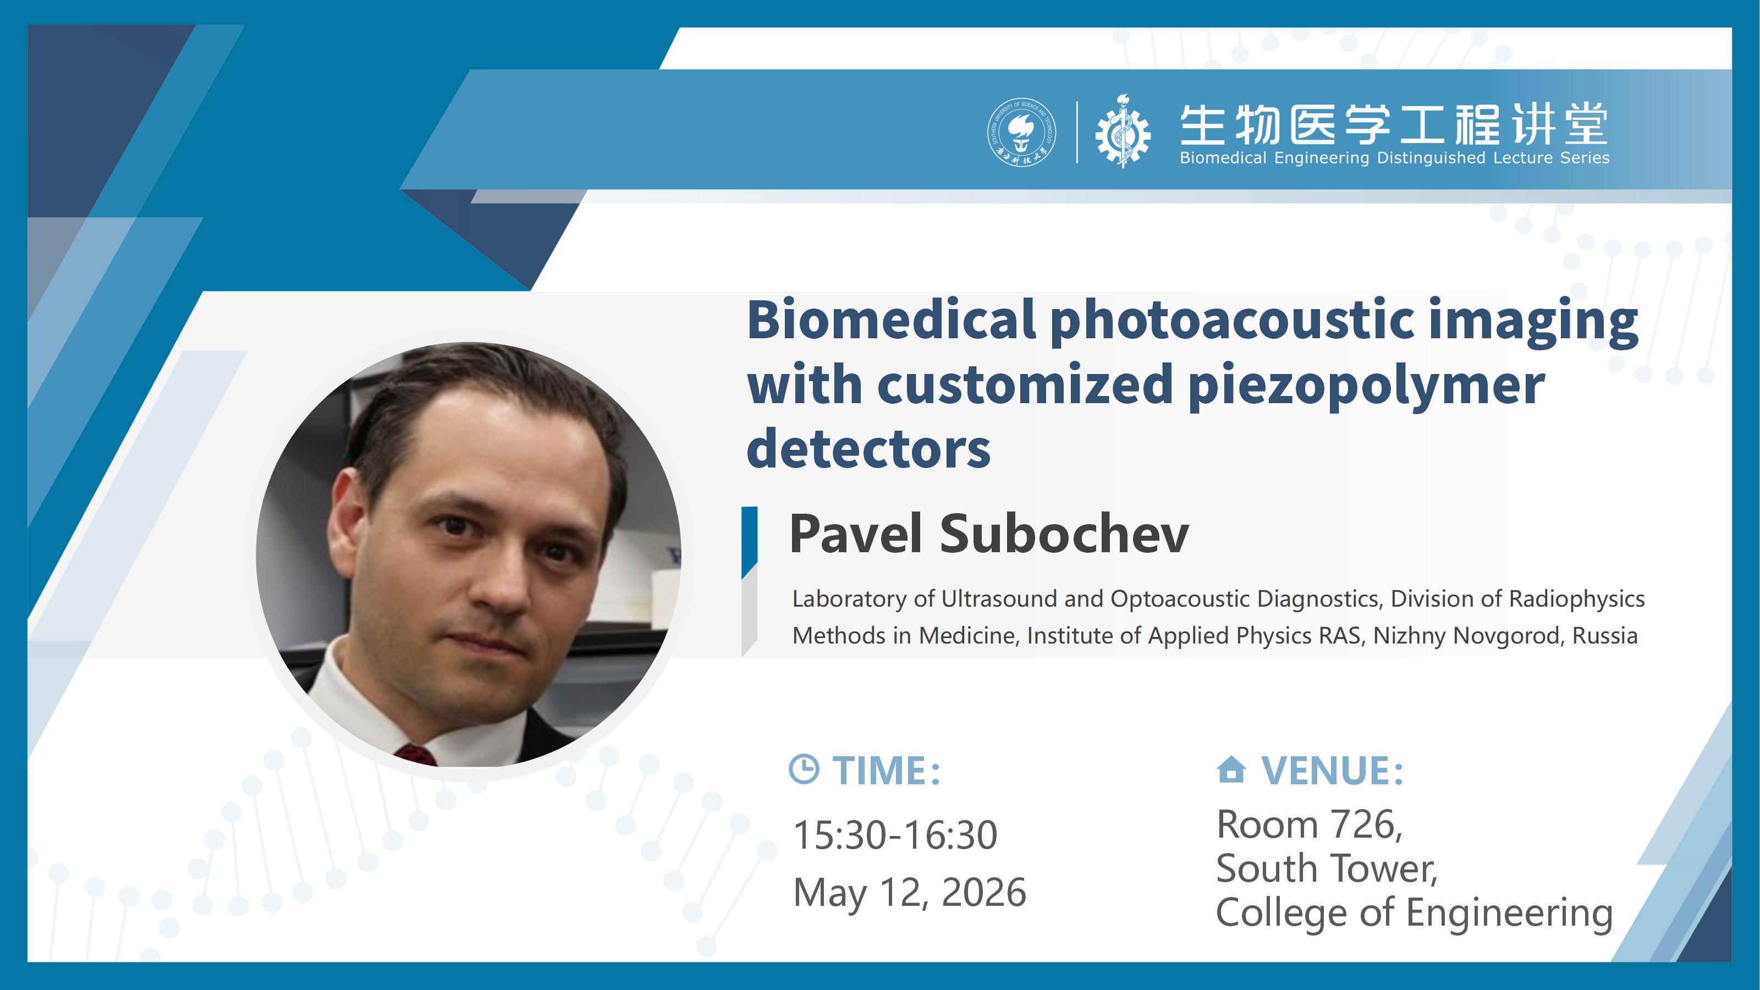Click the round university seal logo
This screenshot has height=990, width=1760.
tap(1021, 132)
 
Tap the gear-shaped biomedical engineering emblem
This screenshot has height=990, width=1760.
tap(1123, 132)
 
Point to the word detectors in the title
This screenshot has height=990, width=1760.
tap(868, 448)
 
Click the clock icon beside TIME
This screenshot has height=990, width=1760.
tap(804, 769)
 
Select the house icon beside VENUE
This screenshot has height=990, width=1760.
tap(1231, 769)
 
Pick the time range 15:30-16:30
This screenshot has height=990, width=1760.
tap(895, 835)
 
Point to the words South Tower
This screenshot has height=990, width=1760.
tap(1326, 869)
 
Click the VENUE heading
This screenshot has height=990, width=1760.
tap(1332, 771)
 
